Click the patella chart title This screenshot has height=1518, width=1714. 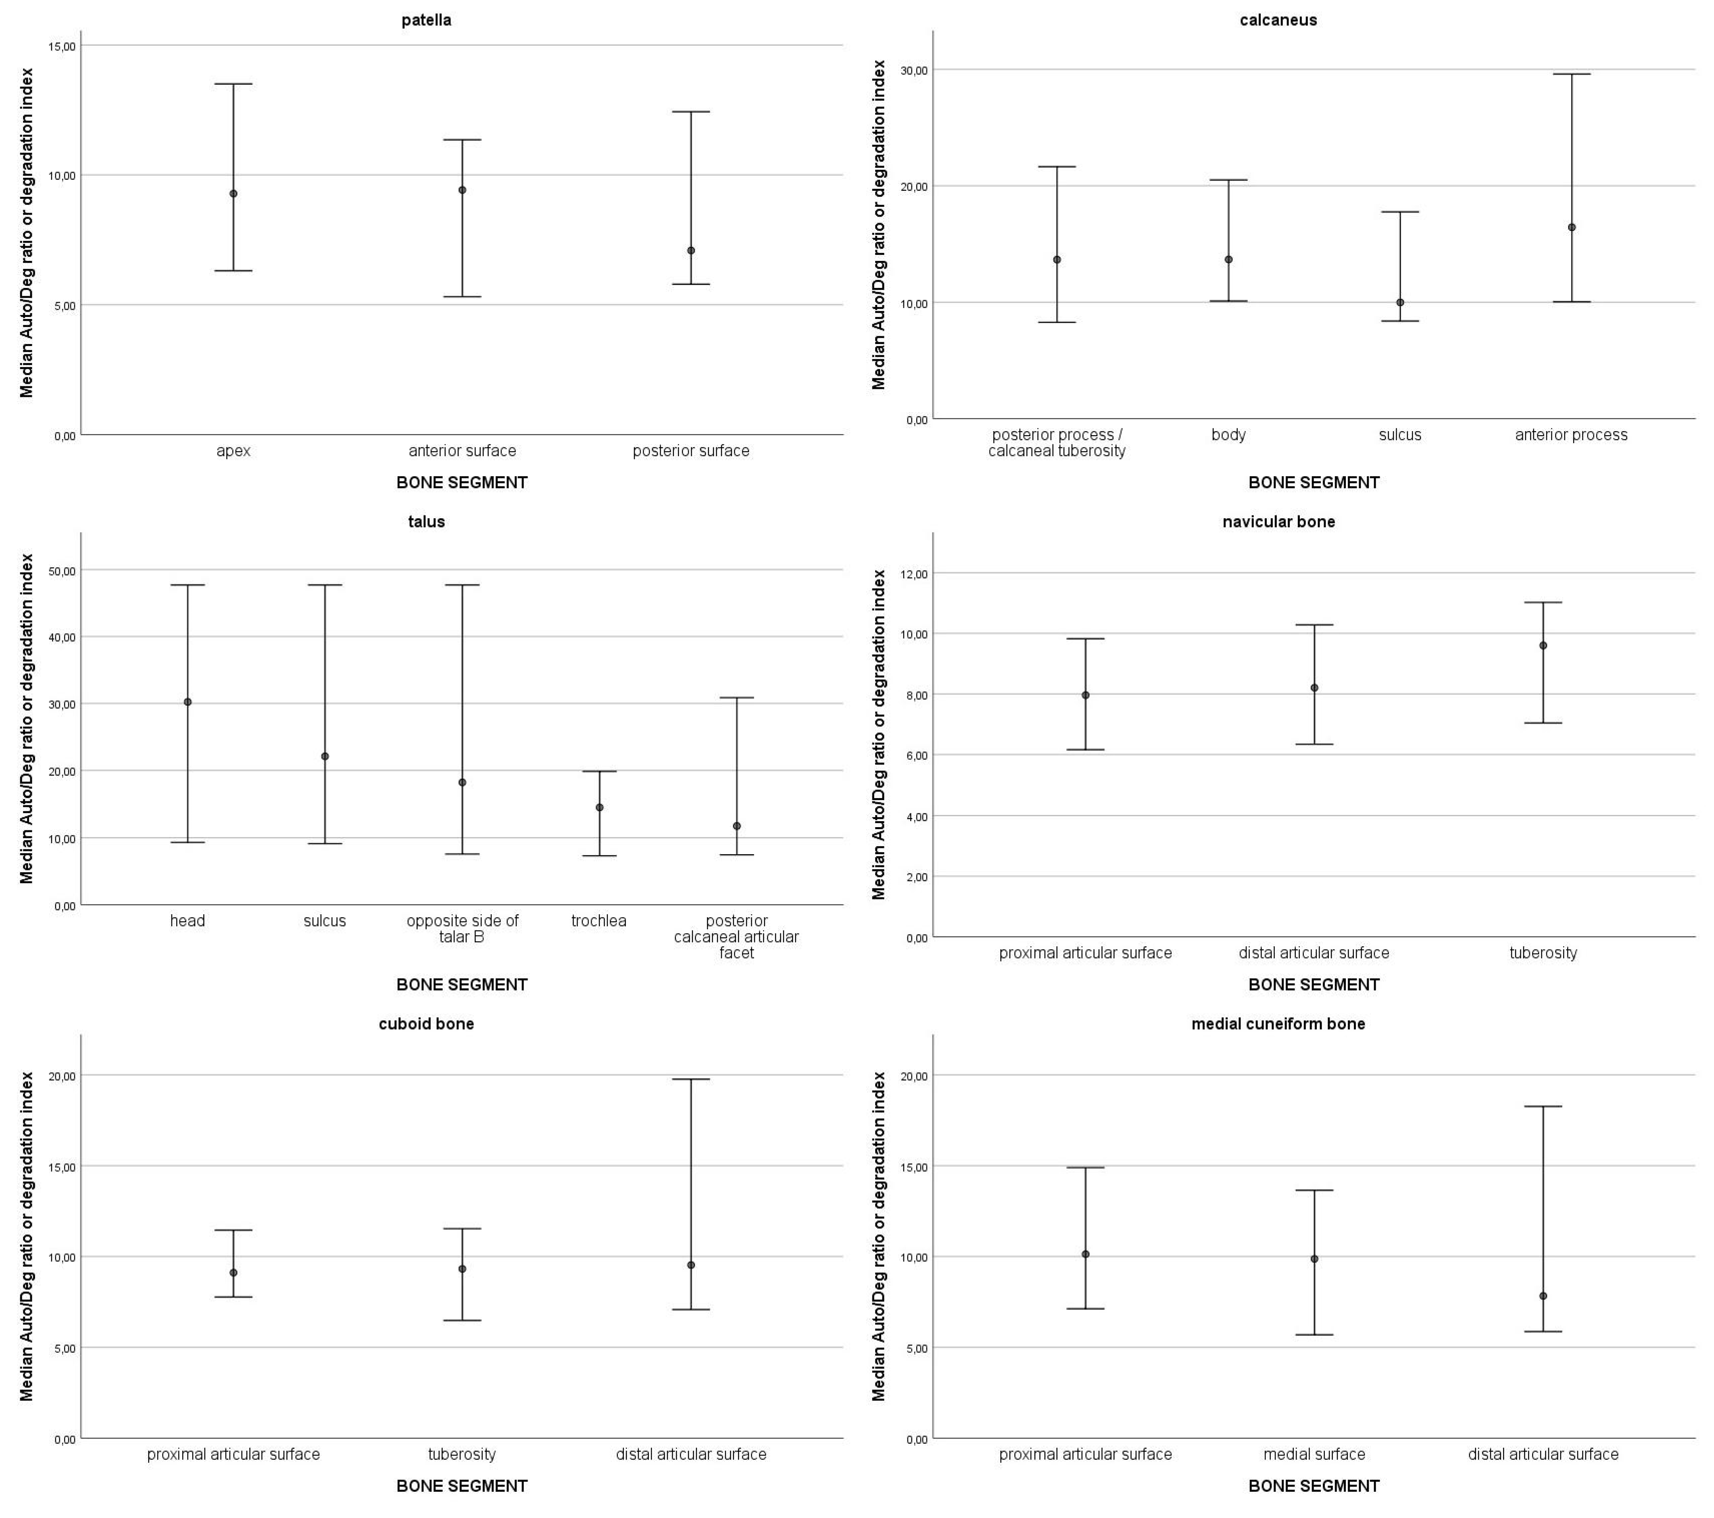[x=426, y=20]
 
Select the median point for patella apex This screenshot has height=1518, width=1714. [x=233, y=194]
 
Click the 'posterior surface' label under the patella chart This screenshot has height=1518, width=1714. [x=691, y=451]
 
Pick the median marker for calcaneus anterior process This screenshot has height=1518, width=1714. [x=1572, y=227]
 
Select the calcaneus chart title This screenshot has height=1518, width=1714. [x=1278, y=20]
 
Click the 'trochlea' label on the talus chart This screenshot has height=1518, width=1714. [x=599, y=921]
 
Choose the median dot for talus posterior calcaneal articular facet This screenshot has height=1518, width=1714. [x=736, y=826]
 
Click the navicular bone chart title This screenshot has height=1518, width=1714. [x=1278, y=521]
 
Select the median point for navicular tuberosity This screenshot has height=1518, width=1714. [x=1543, y=646]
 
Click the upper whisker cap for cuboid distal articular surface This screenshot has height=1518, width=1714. [x=691, y=1079]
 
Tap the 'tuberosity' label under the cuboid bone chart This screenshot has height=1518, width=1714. [x=462, y=1454]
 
